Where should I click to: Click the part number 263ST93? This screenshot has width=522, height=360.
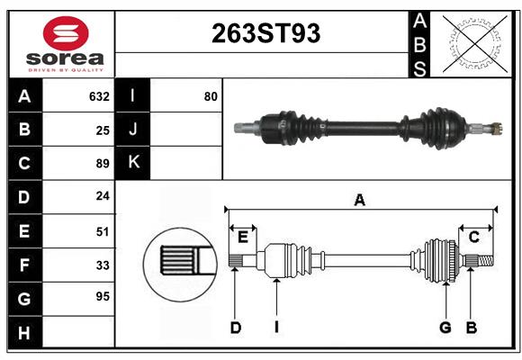[265, 33]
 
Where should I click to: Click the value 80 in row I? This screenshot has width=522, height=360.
[211, 96]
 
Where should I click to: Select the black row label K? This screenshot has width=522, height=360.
[134, 163]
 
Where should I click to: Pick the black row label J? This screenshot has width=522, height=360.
[134, 130]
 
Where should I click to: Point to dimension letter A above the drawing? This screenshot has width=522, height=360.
[359, 201]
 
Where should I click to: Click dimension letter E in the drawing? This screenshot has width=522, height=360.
[243, 237]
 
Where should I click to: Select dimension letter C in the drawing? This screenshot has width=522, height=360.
[473, 237]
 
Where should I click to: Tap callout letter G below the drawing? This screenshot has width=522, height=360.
[445, 328]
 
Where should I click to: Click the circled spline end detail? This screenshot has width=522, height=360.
[177, 261]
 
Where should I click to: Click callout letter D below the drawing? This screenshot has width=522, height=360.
[235, 328]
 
